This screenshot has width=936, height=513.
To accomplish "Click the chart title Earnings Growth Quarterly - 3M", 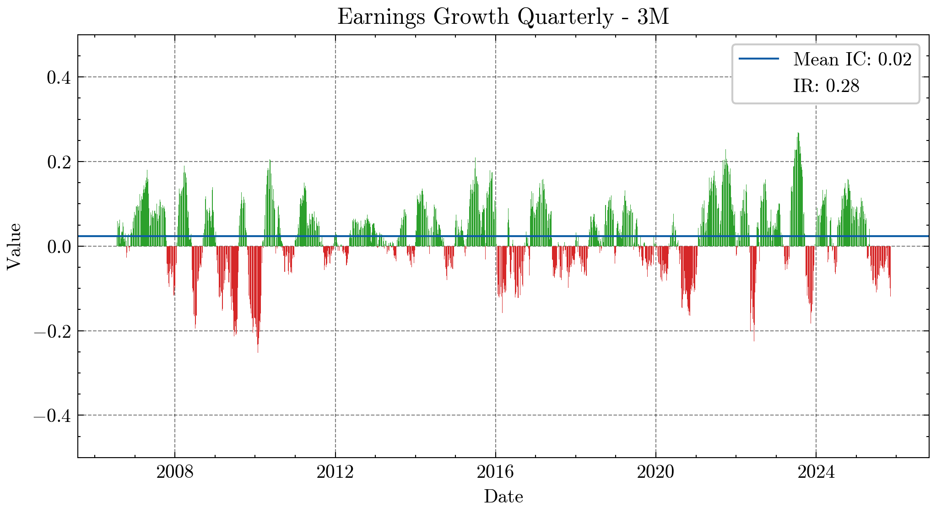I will [503, 17].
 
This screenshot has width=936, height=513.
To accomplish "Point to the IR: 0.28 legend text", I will [826, 86].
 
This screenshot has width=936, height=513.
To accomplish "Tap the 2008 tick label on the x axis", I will [175, 472].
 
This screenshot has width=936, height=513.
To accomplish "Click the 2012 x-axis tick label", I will [335, 472].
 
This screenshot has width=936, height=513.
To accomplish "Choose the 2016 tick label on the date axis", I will [495, 472].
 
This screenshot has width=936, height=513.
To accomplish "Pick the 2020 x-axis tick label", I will [655, 472].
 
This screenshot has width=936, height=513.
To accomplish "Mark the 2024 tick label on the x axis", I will [816, 472].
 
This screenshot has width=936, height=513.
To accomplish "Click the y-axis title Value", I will [14, 246].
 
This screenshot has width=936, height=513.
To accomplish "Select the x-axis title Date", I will [503, 497].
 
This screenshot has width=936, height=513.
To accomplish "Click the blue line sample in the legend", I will [758, 59].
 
